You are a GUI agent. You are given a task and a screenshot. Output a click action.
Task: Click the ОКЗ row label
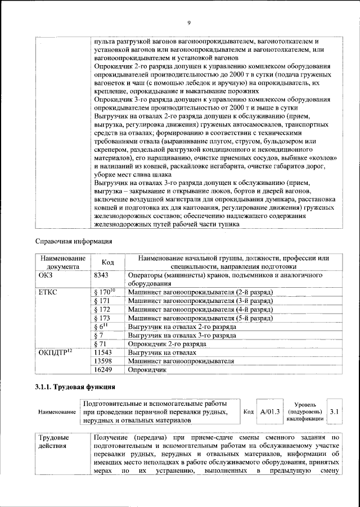[x=45, y=276]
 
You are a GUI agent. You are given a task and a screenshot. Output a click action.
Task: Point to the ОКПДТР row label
[x=53, y=352]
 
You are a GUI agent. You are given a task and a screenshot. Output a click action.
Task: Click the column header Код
[x=107, y=262]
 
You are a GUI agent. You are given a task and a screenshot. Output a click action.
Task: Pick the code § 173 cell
[x=102, y=318]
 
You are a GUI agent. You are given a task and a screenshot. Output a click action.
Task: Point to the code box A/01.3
[x=271, y=412]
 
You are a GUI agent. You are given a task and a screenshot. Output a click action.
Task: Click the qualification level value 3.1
[x=335, y=412]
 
